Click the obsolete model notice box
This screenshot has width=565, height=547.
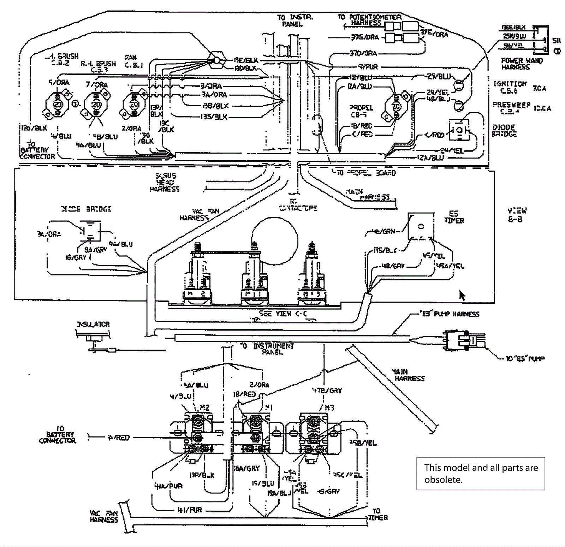pos(481,474)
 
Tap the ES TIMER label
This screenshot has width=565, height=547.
pos(454,217)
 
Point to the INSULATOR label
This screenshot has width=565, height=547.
pos(93,324)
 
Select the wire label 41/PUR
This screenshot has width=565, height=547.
pos(190,510)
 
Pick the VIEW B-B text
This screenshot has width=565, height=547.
pos(517,215)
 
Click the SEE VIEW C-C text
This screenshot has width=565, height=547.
pos(283,313)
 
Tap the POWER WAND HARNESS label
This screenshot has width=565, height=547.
pos(522,64)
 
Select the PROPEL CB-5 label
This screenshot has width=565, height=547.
pos(361,111)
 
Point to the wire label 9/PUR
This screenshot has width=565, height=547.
pos(368,66)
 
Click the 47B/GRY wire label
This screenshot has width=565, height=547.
pos(327,391)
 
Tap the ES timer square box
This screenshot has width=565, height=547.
pos(421,226)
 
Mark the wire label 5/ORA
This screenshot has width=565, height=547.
pos(59,83)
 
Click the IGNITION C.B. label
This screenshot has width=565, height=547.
pos(510,87)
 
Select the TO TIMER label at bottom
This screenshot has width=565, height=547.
pos(377,514)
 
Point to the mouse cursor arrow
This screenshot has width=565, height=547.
pos(462,295)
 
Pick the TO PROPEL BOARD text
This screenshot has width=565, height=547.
pos(366,173)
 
